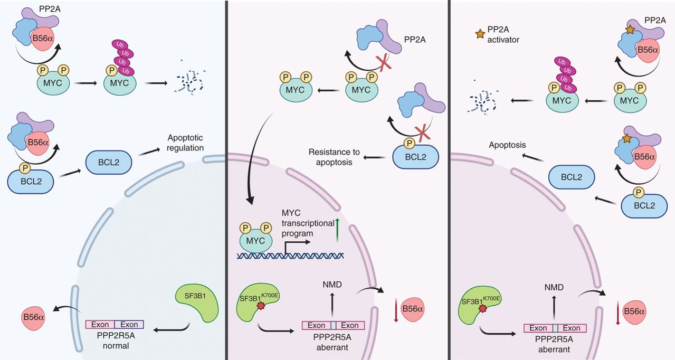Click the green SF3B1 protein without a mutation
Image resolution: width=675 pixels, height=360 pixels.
197,302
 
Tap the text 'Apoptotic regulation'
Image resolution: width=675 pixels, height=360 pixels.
185,143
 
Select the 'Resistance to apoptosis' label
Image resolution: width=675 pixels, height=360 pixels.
334,157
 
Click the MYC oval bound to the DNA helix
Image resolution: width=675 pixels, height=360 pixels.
256,240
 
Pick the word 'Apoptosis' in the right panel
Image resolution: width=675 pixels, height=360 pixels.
507,145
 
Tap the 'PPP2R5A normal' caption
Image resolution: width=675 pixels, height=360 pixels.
116,340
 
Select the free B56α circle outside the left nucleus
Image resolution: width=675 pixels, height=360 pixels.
33,317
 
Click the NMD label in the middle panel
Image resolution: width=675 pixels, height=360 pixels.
332,285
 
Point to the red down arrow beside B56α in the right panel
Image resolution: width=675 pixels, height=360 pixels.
618,312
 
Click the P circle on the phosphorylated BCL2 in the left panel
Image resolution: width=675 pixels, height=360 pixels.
25,168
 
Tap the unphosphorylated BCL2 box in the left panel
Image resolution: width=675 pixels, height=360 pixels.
109,162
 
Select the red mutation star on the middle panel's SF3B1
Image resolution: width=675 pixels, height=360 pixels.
261,306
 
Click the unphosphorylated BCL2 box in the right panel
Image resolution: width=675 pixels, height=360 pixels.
572,177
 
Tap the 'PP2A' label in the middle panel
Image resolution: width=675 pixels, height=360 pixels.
415,40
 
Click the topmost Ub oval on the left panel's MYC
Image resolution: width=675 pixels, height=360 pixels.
120,45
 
